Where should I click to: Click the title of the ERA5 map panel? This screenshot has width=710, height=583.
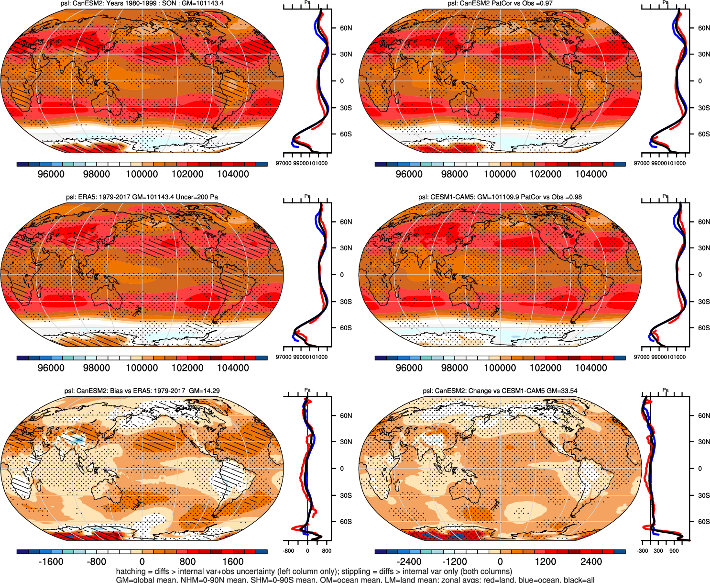coord(142,197)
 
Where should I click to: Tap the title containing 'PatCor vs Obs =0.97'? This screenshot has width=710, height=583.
coord(500,3)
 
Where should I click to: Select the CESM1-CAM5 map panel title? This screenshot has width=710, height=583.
coord(500,197)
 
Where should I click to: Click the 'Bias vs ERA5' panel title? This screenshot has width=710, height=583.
coord(142,391)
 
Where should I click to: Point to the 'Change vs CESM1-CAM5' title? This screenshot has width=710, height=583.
coord(500,391)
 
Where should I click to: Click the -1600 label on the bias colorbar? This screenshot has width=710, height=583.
coord(51,561)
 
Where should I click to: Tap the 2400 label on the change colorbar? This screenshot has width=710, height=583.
coord(591,561)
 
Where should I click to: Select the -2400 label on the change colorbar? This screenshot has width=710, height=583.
coord(409,561)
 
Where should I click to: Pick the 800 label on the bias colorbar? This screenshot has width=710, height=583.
coord(187,561)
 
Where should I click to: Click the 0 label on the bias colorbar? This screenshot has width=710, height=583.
coord(142,561)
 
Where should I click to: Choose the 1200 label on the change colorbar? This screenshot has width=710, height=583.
coord(546,561)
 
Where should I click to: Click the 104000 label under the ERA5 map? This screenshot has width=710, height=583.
coord(233,368)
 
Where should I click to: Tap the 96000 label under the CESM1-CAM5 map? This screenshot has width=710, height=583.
coord(409,368)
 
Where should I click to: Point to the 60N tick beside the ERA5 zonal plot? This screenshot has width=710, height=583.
coord(346,222)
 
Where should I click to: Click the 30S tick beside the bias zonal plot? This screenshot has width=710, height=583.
coord(346,495)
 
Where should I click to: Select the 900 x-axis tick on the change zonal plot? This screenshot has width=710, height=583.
coord(674,551)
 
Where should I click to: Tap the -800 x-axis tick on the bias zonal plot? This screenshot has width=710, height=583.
coord(288,551)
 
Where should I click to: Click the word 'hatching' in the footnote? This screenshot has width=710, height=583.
coord(131,572)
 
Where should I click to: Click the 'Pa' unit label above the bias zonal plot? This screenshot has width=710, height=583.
coord(307,390)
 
